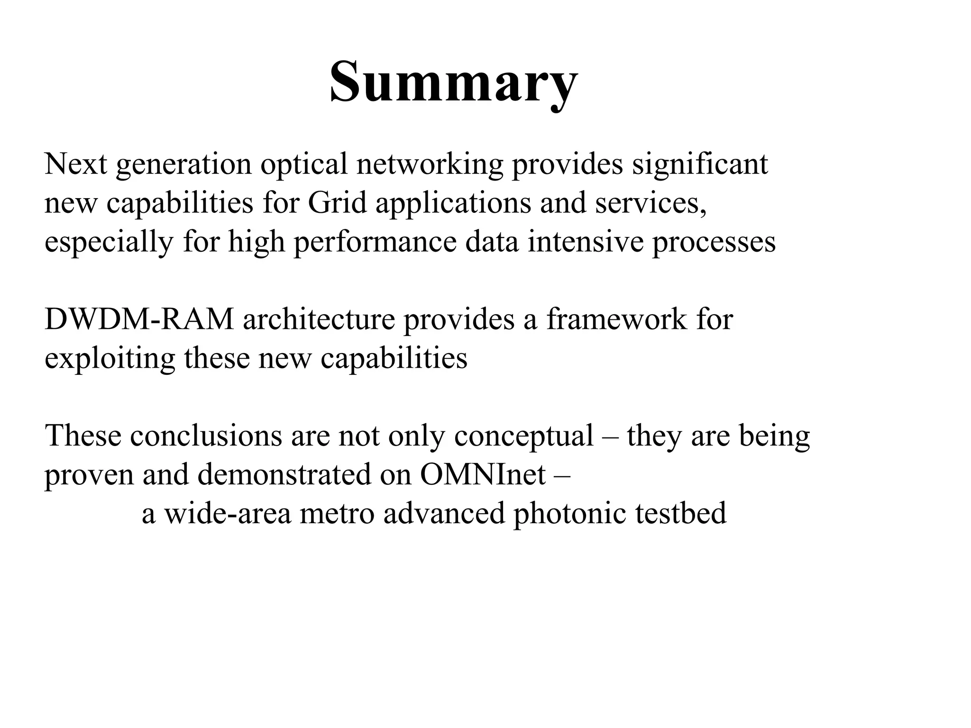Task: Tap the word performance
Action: [x=375, y=242]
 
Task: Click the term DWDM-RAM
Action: [x=139, y=319]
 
